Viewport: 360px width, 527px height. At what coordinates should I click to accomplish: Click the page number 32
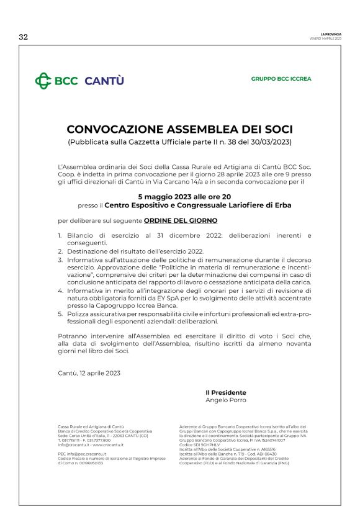tap(24, 37)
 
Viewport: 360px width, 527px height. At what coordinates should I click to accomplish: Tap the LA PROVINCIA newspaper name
tap(331, 34)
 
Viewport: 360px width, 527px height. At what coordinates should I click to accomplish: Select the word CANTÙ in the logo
tap(104, 81)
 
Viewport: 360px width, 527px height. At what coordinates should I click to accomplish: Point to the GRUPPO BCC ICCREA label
tap(281, 79)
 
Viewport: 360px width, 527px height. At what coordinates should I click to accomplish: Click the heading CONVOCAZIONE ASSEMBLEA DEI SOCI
tap(179, 130)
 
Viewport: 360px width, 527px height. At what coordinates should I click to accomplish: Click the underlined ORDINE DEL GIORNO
tap(181, 220)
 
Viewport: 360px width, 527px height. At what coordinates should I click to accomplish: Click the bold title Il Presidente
tap(225, 393)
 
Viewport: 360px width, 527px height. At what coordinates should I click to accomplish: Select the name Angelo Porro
tap(225, 400)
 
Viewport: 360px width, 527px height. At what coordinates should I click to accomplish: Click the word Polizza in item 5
tap(78, 313)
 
